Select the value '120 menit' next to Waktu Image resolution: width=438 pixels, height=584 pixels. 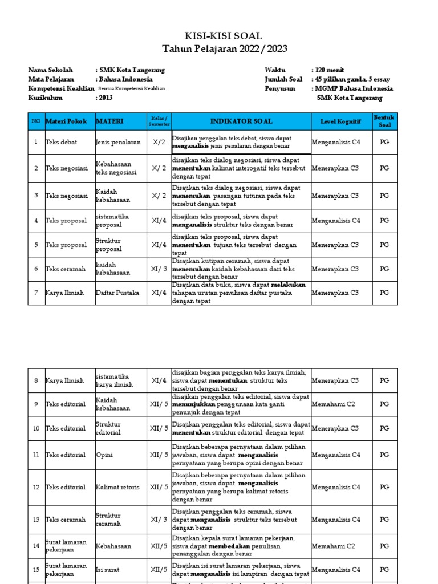click(x=328, y=70)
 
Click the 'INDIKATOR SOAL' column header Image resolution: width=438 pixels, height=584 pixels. click(x=241, y=121)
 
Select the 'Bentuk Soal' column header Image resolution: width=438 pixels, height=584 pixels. click(x=384, y=121)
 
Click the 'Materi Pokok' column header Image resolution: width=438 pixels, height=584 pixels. click(x=66, y=121)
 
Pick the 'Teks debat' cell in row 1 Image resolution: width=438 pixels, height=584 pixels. click(x=61, y=142)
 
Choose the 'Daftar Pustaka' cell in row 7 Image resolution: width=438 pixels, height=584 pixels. click(x=117, y=293)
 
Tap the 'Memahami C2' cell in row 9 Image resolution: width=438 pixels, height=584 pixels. click(x=333, y=404)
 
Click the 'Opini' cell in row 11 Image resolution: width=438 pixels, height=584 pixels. click(x=104, y=455)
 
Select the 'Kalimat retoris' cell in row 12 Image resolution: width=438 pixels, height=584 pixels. click(x=117, y=487)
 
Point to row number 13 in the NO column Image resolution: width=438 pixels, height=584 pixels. click(x=36, y=520)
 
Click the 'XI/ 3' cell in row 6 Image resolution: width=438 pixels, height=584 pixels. click(x=159, y=269)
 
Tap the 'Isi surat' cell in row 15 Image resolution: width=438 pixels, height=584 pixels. click(x=109, y=569)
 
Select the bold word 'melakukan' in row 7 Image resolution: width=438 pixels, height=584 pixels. click(x=288, y=285)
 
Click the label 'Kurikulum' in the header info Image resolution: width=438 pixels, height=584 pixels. click(x=46, y=98)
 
